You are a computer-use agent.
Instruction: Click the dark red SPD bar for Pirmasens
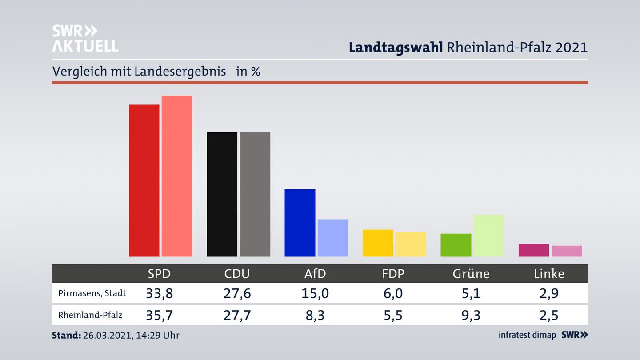click(144, 180)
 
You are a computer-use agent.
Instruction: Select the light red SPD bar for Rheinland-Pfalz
click(177, 176)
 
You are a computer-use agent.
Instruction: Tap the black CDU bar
click(222, 194)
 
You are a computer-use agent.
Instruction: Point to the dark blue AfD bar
click(300, 223)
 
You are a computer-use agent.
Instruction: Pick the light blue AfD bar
click(332, 238)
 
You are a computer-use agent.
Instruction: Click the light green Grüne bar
click(488, 236)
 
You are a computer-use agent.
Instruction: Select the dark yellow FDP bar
click(378, 243)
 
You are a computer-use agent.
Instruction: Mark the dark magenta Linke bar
click(533, 250)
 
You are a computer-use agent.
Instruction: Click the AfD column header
click(315, 274)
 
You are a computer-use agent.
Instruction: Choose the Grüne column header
click(471, 274)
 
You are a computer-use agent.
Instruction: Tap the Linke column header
click(549, 274)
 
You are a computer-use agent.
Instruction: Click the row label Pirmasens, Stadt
click(92, 293)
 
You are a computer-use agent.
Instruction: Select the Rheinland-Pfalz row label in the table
click(90, 315)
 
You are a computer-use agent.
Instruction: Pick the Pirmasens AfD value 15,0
click(315, 293)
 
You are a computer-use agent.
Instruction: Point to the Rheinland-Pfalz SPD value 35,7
click(159, 315)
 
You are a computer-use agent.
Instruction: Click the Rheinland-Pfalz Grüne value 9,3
click(471, 315)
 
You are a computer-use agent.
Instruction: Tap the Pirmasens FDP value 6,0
click(393, 293)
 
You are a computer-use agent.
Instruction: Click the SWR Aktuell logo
click(85, 38)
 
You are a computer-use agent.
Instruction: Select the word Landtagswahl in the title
click(396, 48)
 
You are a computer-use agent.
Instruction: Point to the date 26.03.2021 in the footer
click(106, 335)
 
